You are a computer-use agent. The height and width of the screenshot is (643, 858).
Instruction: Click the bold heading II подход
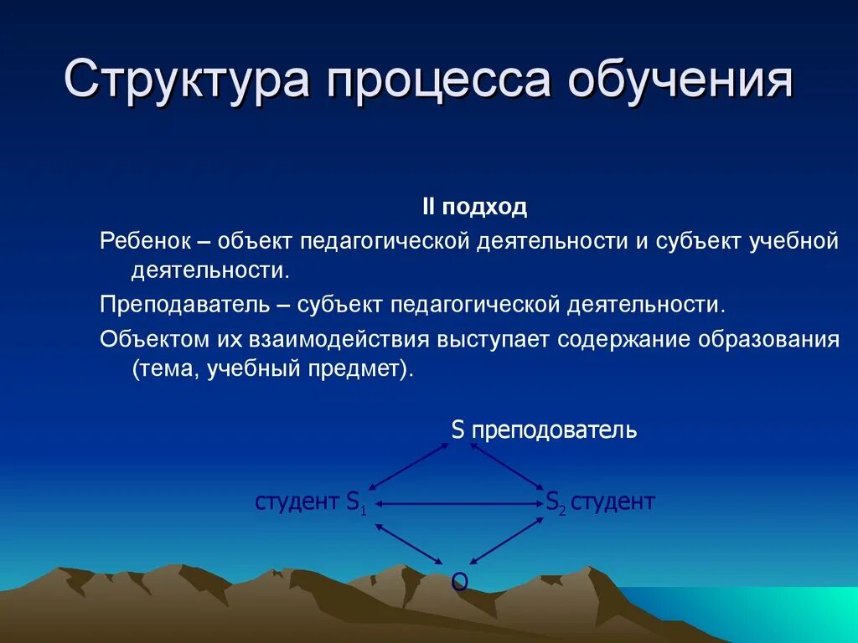click(473, 207)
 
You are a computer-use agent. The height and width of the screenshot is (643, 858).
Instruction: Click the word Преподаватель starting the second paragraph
click(183, 304)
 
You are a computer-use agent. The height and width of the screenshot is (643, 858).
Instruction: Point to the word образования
click(771, 340)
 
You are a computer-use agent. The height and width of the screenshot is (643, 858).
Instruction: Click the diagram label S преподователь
click(544, 431)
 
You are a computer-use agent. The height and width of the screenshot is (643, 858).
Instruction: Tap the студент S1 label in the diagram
click(311, 502)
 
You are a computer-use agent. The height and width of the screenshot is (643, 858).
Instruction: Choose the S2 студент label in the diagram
click(600, 502)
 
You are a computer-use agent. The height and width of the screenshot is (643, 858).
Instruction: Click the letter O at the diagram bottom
click(459, 581)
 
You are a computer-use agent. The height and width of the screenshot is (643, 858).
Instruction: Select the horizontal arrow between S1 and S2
click(460, 503)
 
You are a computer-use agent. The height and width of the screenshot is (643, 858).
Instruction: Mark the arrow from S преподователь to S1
click(410, 466)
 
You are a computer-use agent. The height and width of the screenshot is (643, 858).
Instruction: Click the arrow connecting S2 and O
click(505, 542)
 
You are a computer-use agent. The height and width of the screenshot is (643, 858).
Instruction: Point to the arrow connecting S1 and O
click(409, 543)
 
